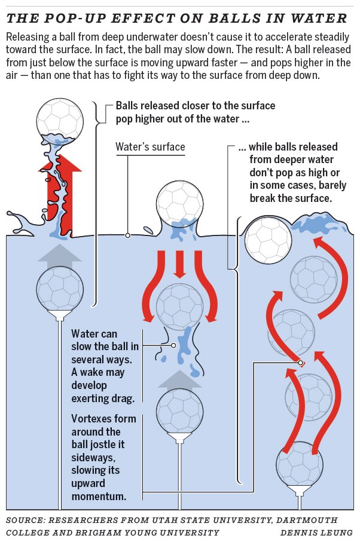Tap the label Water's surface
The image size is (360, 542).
tap(150, 146)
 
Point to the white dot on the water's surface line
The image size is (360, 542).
tap(127, 235)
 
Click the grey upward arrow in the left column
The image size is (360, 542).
tap(59, 255)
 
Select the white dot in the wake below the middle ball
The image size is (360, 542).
tap(173, 345)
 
